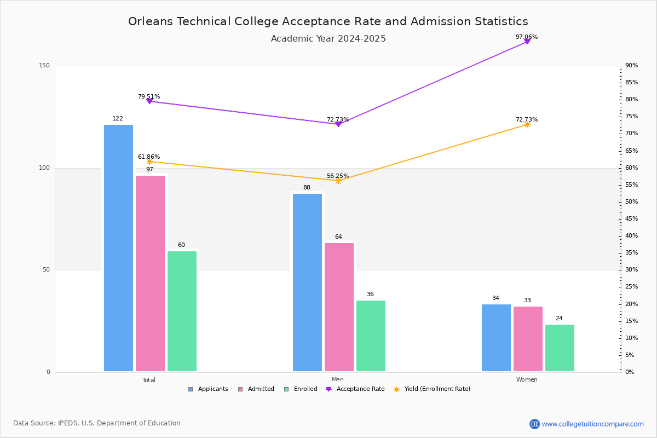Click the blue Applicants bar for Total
point(118,248)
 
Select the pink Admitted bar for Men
point(339,307)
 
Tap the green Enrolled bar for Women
point(560,348)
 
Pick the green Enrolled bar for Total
point(182,312)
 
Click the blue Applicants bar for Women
point(496,338)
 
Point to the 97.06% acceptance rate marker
point(527,42)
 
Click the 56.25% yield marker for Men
point(338,181)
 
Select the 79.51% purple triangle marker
point(149,101)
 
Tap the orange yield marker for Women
point(527,125)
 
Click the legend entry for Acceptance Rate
point(355,389)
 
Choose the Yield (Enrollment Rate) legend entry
point(432,389)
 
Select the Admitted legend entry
point(256,389)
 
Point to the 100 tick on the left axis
point(44,168)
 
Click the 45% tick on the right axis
point(631,218)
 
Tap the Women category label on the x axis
point(527,379)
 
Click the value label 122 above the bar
point(118,118)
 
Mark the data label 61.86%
point(149,157)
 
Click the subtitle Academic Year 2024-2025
point(328,39)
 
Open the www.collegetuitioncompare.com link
point(592,424)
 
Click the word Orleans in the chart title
point(151,21)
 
